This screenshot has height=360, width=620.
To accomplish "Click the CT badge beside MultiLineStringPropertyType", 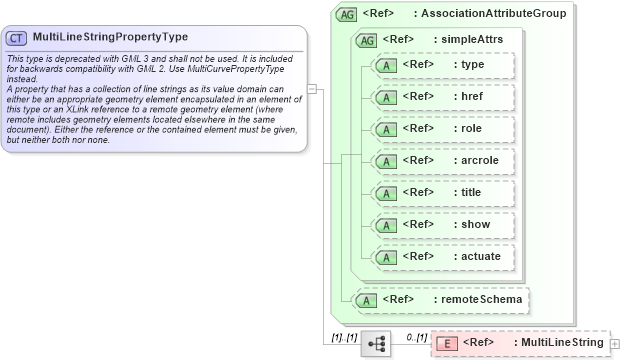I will pyautogui.click(x=16, y=37).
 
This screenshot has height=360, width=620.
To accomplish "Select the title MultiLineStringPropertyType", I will pyautogui.click(x=110, y=37).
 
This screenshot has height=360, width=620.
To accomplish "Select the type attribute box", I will pyautogui.click(x=442, y=65).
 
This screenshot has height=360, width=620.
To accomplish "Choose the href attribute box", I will pyautogui.click(x=442, y=97).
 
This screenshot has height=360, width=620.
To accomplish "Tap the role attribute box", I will pyautogui.click(x=442, y=129).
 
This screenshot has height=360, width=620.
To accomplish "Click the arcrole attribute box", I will pyautogui.click(x=442, y=160).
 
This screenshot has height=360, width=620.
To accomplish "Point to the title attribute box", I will pyautogui.click(x=442, y=192).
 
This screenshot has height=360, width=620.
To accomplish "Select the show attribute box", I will pyautogui.click(x=442, y=224).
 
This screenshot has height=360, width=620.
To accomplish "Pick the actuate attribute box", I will pyautogui.click(x=442, y=256).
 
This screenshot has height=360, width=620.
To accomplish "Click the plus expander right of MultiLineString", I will pyautogui.click(x=614, y=343).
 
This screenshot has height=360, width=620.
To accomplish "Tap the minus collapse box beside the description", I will pyautogui.click(x=312, y=88).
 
